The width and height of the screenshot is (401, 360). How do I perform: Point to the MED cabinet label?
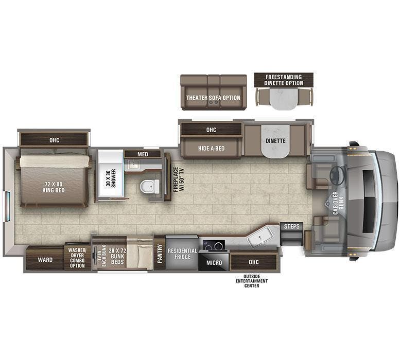[x=143, y=154]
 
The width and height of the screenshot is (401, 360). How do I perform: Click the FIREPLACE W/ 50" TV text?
[x=178, y=180]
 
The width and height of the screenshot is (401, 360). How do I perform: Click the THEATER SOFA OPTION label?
[x=213, y=98]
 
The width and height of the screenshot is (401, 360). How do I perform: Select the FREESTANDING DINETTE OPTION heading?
[x=284, y=80]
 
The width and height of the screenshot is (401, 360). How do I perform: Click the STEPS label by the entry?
[x=291, y=227]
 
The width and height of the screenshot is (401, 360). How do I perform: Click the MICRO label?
[x=214, y=263]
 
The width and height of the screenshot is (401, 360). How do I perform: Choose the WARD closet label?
[x=45, y=260]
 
